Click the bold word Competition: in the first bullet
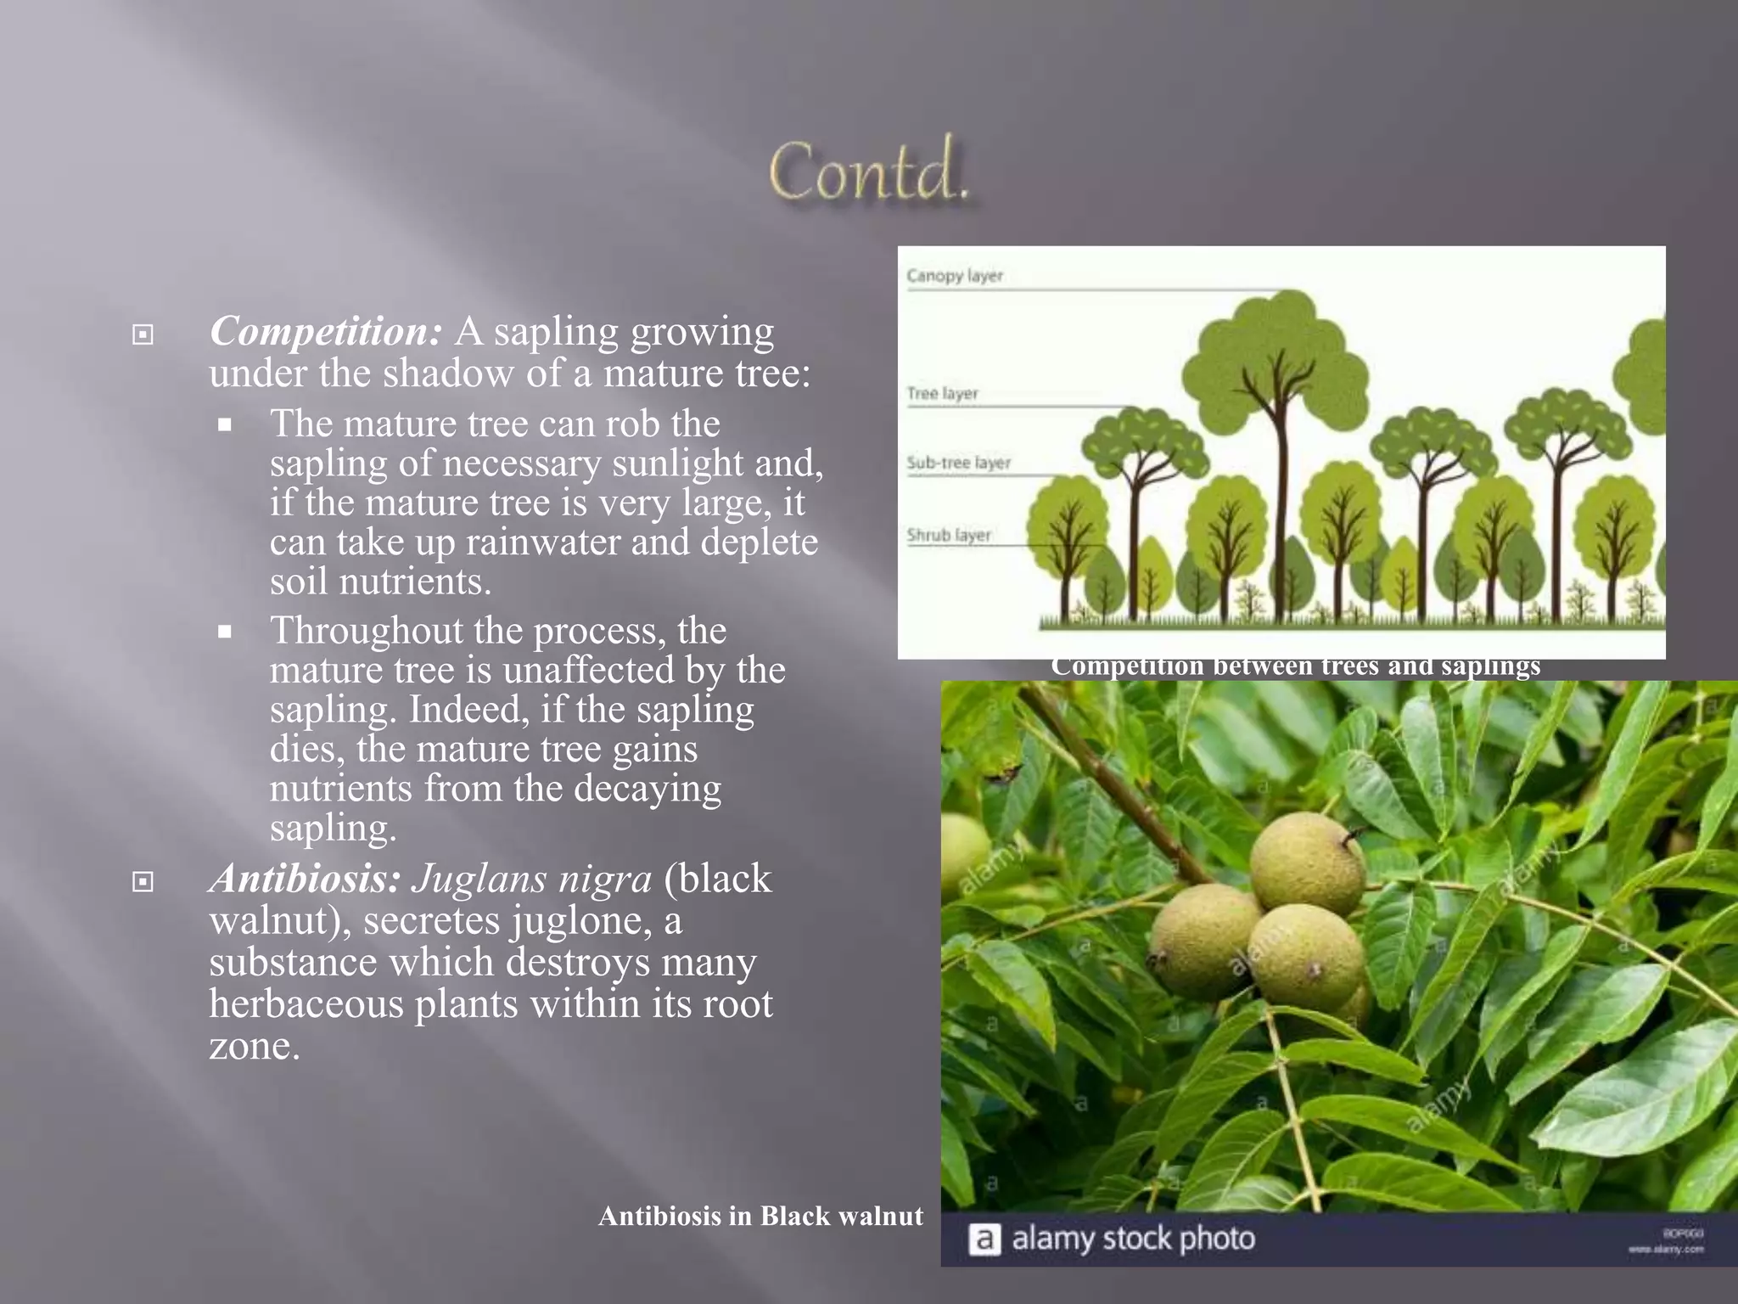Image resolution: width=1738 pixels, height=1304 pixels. [326, 332]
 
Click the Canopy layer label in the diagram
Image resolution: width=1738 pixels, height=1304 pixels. [954, 276]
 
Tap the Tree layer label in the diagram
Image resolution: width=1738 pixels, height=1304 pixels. [942, 394]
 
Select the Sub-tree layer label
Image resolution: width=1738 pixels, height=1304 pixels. [958, 464]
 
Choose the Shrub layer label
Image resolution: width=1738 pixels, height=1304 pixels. [948, 536]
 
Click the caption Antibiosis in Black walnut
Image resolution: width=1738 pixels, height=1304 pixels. [760, 1217]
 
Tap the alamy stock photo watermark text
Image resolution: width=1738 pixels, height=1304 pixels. [1133, 1239]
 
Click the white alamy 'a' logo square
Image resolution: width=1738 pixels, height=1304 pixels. [984, 1239]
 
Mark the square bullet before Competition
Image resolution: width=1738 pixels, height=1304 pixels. [143, 335]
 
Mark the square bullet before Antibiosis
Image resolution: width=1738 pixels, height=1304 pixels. [143, 883]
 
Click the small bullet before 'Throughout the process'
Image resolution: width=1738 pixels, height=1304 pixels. [225, 632]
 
